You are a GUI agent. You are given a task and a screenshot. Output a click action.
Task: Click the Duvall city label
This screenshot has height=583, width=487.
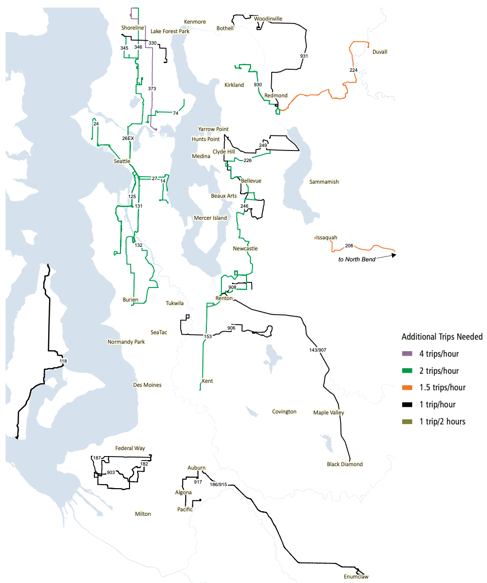coord(380,52)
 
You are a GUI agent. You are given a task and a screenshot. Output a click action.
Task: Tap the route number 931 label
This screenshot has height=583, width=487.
coord(304,56)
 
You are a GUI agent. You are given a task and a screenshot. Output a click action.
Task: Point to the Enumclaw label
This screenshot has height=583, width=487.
coord(356,576)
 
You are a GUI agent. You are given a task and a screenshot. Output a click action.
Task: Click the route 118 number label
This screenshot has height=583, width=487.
coord(63,361)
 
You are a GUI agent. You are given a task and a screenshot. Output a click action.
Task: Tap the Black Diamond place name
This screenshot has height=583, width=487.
coord(344,464)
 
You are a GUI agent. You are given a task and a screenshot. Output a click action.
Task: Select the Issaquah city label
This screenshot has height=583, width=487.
coord(327,237)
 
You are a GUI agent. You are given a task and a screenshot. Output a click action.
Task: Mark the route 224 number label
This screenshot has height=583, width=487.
coord(353,70)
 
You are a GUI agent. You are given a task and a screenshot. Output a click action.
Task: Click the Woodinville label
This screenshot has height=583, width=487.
coord(268,19)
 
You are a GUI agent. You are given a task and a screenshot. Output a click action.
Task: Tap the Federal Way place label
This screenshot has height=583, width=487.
coord(130,448)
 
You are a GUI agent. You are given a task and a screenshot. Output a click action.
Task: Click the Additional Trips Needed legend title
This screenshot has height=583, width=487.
coord(442,337)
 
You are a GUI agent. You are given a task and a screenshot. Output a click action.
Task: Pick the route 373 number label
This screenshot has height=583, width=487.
coord(152,88)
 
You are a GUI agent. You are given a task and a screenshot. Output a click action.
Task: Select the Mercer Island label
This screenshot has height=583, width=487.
coord(210,218)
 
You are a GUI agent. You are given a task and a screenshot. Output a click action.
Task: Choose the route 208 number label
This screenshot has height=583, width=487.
coord(349,246)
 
